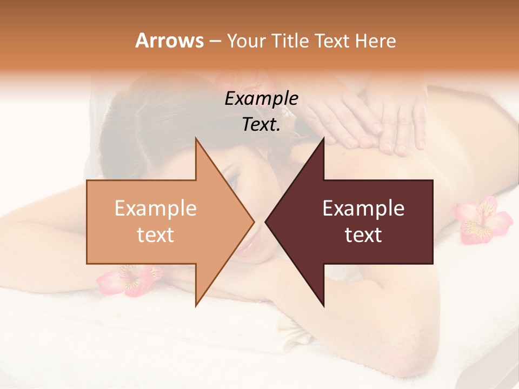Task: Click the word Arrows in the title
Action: [x=169, y=41]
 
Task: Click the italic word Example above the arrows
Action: [x=261, y=98]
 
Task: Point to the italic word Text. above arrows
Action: [x=261, y=124]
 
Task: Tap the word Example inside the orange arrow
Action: [x=156, y=208]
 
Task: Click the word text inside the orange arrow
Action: [x=156, y=235]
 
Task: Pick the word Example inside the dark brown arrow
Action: [x=363, y=208]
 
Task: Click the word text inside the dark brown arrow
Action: [x=363, y=235]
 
